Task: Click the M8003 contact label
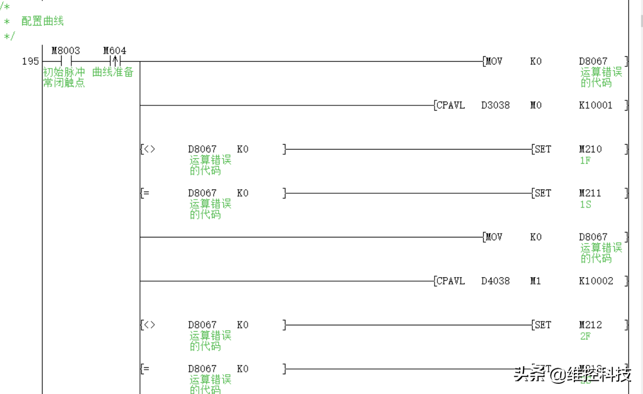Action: coord(66,51)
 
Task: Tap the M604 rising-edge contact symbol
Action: coord(115,61)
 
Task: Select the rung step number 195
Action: coord(31,61)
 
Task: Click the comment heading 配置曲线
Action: coord(42,21)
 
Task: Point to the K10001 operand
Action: coord(595,105)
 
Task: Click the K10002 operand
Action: coord(595,281)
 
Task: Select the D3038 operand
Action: coord(495,105)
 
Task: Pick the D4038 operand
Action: coord(495,281)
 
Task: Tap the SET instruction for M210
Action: coord(542,150)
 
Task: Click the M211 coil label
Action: coord(590,193)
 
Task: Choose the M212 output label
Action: coord(590,325)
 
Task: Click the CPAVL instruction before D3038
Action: coord(450,105)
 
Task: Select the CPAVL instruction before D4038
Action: coord(450,281)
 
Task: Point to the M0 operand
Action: coord(535,105)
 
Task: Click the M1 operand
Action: coord(535,281)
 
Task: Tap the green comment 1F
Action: coord(585,160)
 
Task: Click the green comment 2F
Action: coord(585,336)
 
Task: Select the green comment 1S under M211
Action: coord(585,204)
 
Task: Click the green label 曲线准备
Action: coord(113,73)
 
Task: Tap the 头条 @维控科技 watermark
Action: coord(572,374)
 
